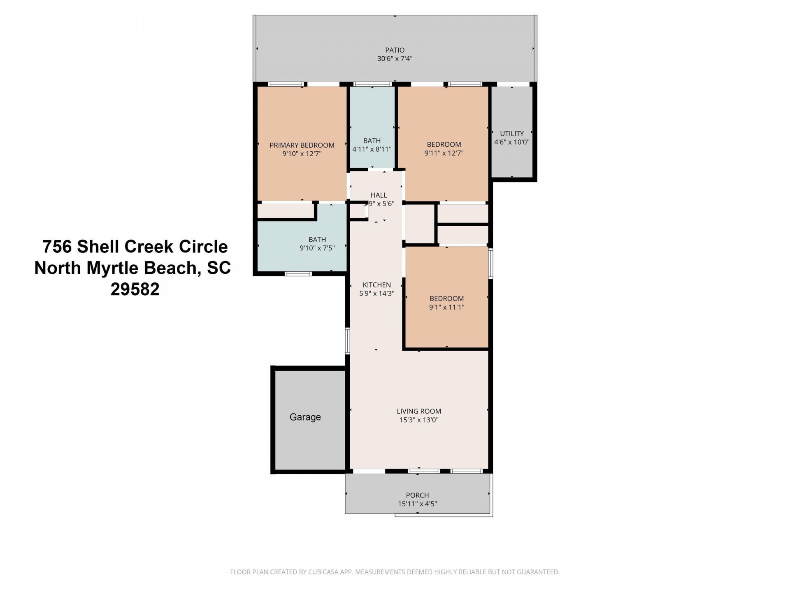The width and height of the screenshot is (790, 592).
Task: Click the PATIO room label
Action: (x=395, y=50)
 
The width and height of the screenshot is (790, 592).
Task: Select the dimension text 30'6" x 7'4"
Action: (x=395, y=59)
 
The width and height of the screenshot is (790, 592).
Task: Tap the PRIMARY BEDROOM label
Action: (x=302, y=145)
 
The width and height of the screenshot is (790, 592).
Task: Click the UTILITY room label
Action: (x=511, y=134)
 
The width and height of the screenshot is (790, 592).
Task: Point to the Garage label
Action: (x=305, y=417)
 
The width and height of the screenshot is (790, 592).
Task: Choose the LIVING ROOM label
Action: (x=418, y=411)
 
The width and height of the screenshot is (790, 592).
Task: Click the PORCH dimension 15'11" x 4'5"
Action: (x=417, y=504)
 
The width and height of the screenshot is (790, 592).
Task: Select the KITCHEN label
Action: (x=376, y=285)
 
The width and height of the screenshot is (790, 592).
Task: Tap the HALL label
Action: (x=379, y=195)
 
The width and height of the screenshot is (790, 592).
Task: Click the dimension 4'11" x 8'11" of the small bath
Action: (x=372, y=149)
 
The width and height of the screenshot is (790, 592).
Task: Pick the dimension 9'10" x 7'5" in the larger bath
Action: (x=317, y=248)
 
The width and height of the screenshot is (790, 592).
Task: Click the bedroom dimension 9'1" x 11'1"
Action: (x=446, y=307)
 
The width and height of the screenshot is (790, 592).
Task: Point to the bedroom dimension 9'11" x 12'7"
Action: (x=444, y=153)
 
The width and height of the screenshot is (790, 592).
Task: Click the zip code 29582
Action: (x=135, y=289)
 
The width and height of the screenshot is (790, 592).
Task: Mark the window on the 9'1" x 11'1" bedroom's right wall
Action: (x=490, y=264)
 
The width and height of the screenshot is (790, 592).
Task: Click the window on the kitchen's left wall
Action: (x=348, y=341)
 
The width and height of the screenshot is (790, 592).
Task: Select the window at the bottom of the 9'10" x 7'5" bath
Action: (x=298, y=274)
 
